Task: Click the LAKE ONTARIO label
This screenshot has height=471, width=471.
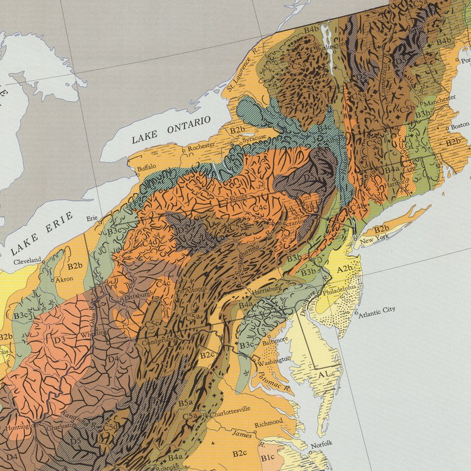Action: [171, 129]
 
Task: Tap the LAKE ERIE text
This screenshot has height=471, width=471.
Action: [42, 233]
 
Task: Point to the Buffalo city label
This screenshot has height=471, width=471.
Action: [147, 168]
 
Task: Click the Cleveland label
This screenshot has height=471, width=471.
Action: [28, 260]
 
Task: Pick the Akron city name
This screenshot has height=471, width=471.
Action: [64, 278]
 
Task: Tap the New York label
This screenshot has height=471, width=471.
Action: [374, 240]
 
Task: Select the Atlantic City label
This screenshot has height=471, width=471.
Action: [376, 310]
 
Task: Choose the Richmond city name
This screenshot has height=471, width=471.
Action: [268, 424]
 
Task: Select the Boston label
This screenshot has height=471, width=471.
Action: [459, 126]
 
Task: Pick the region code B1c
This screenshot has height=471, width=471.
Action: [268, 457]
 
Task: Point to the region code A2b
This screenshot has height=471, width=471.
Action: [345, 269]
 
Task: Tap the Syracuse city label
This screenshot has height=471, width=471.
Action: [253, 139]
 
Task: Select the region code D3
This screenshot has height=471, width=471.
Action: [59, 339]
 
